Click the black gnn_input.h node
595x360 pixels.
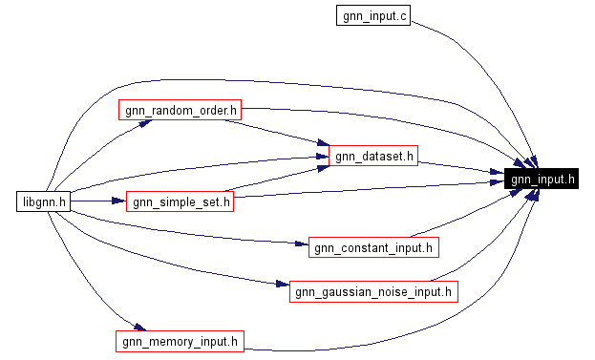pos(542,179)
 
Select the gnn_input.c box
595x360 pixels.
pos(372,15)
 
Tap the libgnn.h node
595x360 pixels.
pos(43,201)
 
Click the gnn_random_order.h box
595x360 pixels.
pos(179,110)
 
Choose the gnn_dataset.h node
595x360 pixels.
pos(373,156)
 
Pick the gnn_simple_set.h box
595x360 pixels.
pos(180,201)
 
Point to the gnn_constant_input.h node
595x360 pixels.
pos(372,247)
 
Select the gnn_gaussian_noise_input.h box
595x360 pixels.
pos(373,291)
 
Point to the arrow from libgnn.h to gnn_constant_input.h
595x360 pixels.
pos(191,234)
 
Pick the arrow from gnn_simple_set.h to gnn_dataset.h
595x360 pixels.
pos(277,178)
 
